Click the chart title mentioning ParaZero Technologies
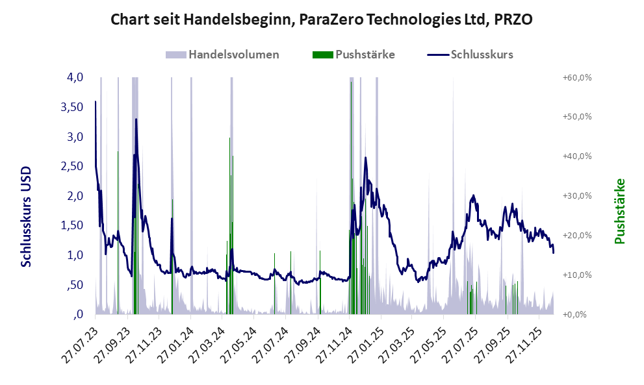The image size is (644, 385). (322, 19)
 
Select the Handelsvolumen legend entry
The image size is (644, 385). (233, 55)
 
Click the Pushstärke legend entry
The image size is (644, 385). (365, 55)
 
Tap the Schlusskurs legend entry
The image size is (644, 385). (482, 55)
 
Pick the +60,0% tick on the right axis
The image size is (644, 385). (576, 77)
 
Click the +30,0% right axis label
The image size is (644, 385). (576, 196)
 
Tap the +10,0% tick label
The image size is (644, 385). (576, 275)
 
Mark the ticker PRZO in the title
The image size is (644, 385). (513, 19)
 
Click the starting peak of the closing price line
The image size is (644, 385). (96, 102)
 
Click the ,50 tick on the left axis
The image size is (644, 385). (73, 285)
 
